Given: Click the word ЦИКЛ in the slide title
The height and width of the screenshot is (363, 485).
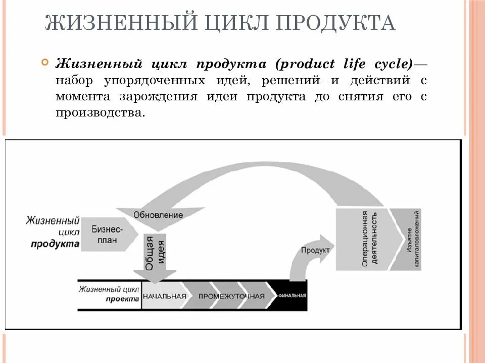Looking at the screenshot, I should coord(224,24).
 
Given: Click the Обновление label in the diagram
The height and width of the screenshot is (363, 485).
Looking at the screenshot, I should coord(158,215).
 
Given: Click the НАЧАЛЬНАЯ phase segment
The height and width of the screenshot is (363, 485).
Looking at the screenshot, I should coord(164,296).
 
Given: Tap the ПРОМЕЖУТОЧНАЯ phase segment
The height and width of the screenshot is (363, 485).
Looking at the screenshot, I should coord(231,296).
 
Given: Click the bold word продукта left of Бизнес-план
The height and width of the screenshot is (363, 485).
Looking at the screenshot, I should coord(55,244).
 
